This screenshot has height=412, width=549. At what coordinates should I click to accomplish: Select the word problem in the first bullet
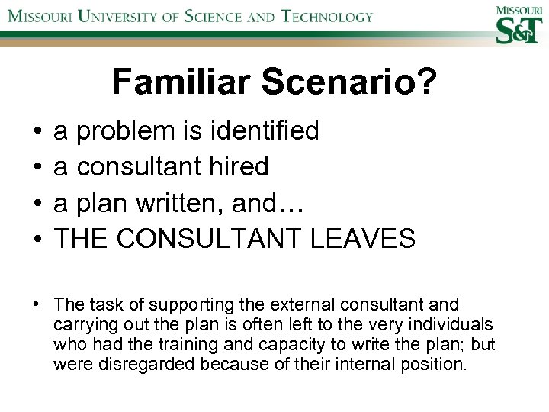point(126,132)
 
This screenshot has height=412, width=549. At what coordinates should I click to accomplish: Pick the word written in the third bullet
point(181,201)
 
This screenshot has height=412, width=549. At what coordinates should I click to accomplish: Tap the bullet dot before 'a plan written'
point(37,203)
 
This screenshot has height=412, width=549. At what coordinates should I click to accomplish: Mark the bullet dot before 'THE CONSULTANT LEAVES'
point(37,239)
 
